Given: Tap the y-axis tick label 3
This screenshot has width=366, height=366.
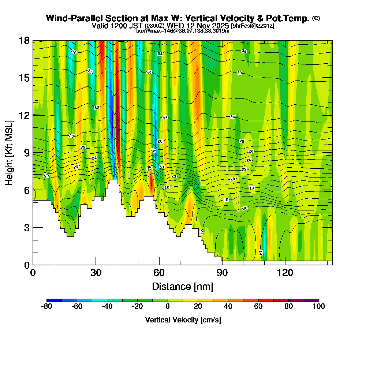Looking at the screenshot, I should (26, 227).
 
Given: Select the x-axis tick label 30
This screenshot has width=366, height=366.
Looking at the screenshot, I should (96, 273).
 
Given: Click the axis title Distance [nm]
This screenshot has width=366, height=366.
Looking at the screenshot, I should (183, 286).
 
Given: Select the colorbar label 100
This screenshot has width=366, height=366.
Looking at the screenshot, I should (318, 306).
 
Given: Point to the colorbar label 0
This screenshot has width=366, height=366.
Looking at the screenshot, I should (167, 306).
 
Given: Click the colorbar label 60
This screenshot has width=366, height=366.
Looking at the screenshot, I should (258, 306).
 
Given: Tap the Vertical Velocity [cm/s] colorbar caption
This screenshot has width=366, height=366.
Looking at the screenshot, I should (183, 320).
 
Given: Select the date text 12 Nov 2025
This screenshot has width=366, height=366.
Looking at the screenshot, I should (207, 26).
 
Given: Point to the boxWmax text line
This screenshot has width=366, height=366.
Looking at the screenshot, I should (183, 31).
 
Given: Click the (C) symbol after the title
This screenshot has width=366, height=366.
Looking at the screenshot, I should (316, 18).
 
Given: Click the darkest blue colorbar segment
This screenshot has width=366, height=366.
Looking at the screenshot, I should (54, 300).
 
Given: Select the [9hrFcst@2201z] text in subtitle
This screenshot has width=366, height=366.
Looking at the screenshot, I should (253, 26).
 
